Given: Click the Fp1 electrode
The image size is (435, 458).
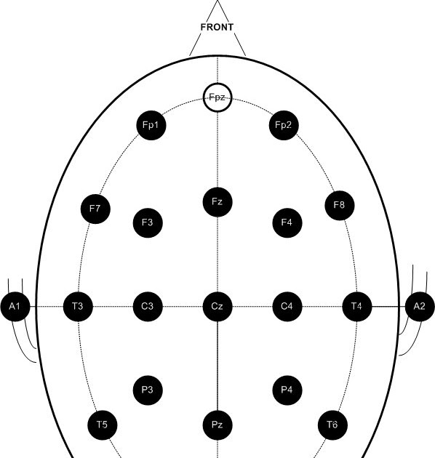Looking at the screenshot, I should coord(151,125).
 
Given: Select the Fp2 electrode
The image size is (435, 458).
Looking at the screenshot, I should coord(284,125).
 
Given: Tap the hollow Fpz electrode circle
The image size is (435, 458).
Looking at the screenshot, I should coord(217,97).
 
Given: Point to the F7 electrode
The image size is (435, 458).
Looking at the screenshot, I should coord(95,209).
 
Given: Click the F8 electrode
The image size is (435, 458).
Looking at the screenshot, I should coord(339,205).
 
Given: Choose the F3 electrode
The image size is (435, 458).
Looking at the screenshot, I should coord(148,222).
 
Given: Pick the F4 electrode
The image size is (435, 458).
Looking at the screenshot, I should coord(287,222).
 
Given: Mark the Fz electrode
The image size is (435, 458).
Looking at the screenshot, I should coord(217,201).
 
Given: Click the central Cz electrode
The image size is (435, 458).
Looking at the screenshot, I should coord(217,306).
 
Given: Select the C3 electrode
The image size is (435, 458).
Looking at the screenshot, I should coord(148,306).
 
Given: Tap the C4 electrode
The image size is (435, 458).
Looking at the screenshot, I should coord(287,306).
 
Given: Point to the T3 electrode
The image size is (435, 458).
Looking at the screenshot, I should coord(77,306).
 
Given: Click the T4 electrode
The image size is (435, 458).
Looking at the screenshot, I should coord(356,306).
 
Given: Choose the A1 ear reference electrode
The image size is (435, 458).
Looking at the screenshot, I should coord(15,306).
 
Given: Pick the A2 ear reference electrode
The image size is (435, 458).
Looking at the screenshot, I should coord(419,306).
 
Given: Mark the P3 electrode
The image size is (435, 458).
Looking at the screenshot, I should coord(148,390).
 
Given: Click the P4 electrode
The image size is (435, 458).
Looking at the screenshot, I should coord(287,390).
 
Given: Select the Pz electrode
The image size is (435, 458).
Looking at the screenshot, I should coord(217,424).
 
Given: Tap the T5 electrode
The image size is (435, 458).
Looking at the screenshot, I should coord(102,424).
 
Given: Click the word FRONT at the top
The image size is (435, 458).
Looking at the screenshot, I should coord(217,27).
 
